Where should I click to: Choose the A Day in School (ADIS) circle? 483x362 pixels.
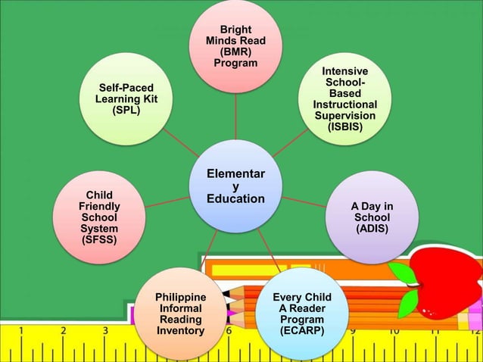[x=372, y=217]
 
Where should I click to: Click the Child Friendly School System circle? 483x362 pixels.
[x=99, y=218]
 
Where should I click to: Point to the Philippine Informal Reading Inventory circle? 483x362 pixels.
[x=179, y=313]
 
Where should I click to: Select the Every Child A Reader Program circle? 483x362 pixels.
[x=301, y=313]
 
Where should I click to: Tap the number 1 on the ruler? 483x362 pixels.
[x=20, y=331]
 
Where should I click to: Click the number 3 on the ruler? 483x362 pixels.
[x=104, y=331]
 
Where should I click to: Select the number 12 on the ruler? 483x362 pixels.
[x=475, y=331]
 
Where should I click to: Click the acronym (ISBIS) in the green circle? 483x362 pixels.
[x=344, y=127]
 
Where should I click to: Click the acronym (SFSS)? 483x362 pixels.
[x=99, y=240]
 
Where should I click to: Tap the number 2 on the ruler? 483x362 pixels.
[x=63, y=331]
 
